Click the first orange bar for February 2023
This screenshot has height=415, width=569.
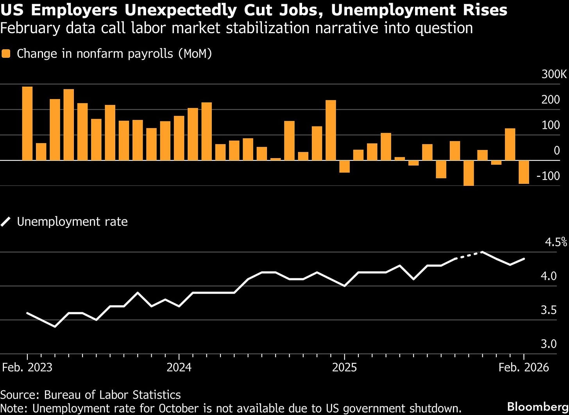click(27, 123)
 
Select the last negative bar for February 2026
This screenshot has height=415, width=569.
click(524, 172)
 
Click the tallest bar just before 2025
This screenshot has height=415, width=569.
click(331, 130)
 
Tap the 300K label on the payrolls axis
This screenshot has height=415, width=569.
click(554, 74)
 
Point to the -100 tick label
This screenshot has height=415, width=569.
click(548, 176)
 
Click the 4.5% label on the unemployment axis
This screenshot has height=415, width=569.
click(555, 242)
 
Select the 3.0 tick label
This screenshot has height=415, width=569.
click(549, 344)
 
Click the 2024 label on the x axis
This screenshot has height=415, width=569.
click(179, 367)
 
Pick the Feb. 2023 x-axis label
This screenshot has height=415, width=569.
click(27, 367)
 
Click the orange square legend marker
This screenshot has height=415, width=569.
click(6, 54)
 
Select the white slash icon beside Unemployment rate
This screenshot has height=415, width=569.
click(6, 222)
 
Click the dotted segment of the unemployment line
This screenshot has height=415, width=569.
click(469, 255)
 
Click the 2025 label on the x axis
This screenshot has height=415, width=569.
click(344, 367)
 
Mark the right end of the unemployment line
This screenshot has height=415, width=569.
click(524, 258)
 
